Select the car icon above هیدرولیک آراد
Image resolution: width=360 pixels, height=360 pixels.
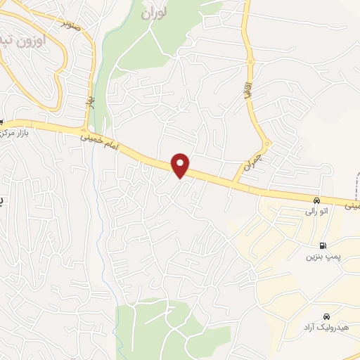coord(326,316)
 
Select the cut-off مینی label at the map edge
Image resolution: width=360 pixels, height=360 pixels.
coord(353,207)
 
